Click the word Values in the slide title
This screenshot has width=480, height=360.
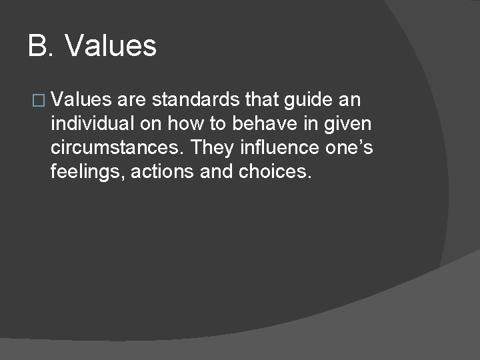[x=112, y=47]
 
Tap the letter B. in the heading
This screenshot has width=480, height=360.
[x=42, y=47]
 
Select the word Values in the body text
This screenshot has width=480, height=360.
[x=80, y=101]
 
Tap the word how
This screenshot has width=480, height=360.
[x=193, y=125]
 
